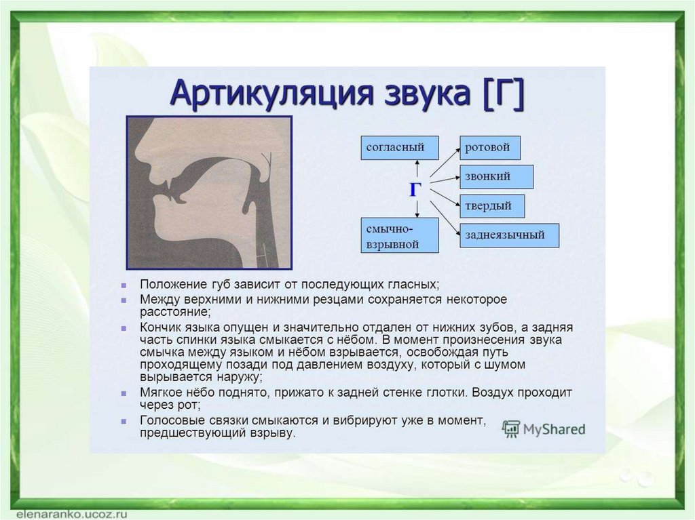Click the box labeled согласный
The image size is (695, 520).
(x=400, y=148)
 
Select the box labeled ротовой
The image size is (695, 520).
(x=490, y=148)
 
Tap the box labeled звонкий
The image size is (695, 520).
(x=496, y=177)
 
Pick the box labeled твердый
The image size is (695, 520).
(x=492, y=206)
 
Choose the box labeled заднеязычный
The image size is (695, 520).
(x=509, y=235)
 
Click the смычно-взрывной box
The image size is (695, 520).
(x=400, y=235)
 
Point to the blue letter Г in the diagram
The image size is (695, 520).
(x=415, y=190)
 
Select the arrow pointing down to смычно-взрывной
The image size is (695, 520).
(x=417, y=208)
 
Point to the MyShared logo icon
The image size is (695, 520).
(x=510, y=429)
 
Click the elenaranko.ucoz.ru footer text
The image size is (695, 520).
(x=71, y=515)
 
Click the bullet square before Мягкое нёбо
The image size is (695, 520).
(x=124, y=393)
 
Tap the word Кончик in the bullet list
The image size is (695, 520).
(x=159, y=327)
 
